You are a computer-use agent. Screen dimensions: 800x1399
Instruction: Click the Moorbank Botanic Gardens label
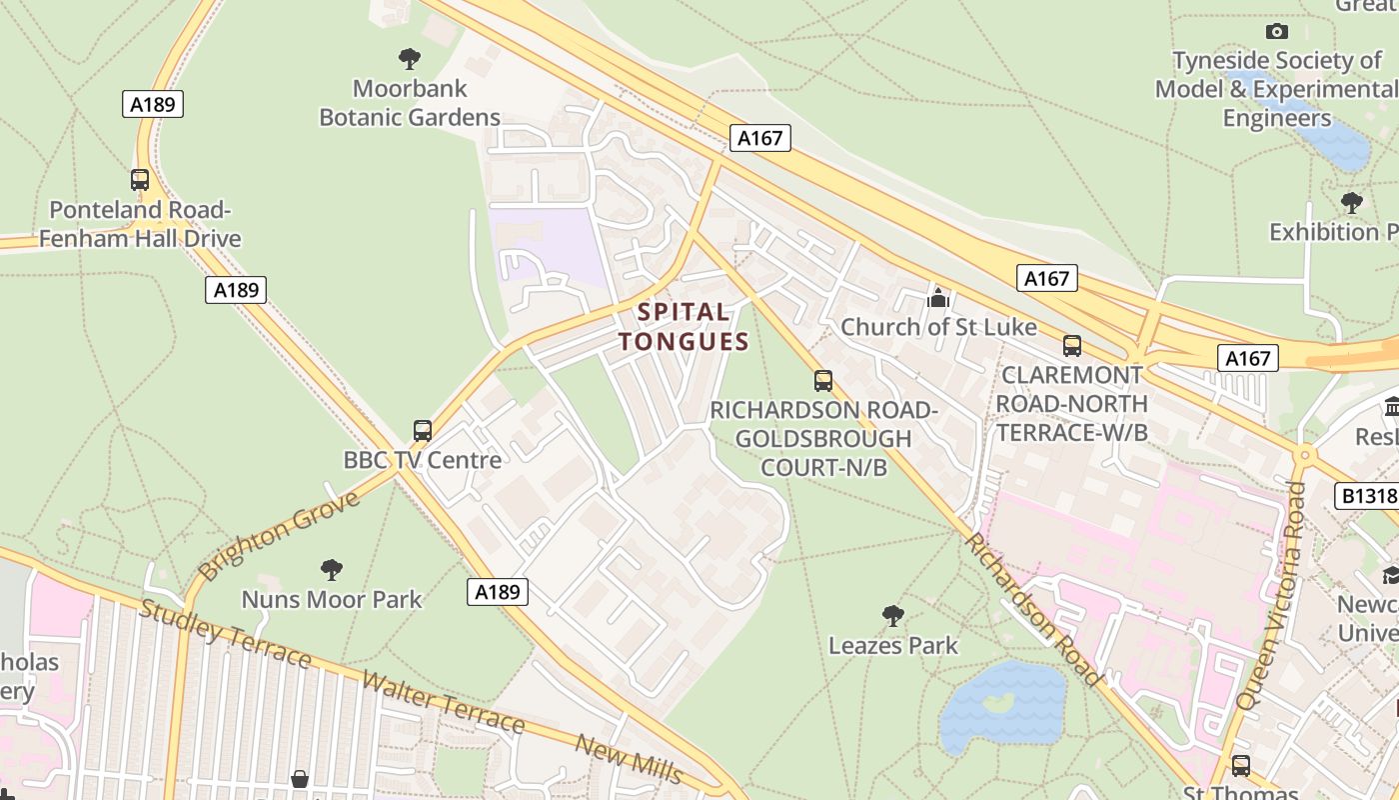click(x=410, y=103)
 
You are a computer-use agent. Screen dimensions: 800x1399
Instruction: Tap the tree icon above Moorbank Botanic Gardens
click(x=409, y=58)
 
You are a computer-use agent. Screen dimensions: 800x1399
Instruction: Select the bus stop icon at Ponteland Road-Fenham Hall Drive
click(x=140, y=180)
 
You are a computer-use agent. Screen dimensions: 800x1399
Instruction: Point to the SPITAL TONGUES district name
click(x=684, y=327)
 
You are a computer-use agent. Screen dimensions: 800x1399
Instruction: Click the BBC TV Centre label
click(x=422, y=460)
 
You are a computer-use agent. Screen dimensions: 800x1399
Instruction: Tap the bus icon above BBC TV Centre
click(x=423, y=430)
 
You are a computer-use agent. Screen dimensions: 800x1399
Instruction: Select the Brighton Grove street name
click(x=279, y=535)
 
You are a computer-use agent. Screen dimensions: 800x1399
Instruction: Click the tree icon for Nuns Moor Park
click(x=332, y=570)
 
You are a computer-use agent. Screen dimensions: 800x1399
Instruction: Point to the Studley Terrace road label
click(x=226, y=634)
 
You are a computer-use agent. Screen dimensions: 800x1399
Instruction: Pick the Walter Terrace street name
click(x=443, y=703)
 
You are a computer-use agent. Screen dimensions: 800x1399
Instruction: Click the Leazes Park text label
click(x=892, y=646)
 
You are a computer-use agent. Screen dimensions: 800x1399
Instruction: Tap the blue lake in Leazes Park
click(x=1002, y=705)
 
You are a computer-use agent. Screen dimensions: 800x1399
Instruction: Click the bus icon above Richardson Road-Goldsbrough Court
click(x=823, y=381)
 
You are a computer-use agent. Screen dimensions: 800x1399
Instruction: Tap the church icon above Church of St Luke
click(x=937, y=298)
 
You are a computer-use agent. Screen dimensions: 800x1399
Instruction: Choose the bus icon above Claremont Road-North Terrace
click(x=1072, y=346)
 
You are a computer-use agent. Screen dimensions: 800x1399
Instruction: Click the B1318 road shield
click(x=1365, y=496)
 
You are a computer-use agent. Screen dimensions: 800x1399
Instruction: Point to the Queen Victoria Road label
click(x=1270, y=596)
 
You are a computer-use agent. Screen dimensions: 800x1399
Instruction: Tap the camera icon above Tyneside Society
click(x=1276, y=32)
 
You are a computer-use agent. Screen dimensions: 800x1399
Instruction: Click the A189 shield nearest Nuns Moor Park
click(x=497, y=592)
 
